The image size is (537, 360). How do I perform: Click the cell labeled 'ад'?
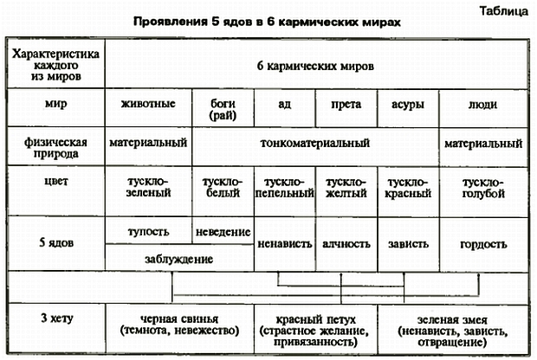(x=284, y=104)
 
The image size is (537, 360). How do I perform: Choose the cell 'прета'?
(x=346, y=104)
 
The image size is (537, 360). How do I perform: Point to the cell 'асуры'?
(x=408, y=104)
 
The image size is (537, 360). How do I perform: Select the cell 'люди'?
(x=483, y=104)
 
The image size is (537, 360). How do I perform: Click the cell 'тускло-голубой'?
(x=483, y=189)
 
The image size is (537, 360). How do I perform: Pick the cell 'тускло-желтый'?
(x=346, y=189)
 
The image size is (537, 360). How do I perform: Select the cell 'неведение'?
(x=223, y=232)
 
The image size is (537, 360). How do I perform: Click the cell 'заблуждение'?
(x=179, y=258)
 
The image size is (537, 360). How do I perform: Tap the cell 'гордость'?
(x=483, y=244)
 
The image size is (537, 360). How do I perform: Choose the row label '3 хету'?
(x=54, y=320)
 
